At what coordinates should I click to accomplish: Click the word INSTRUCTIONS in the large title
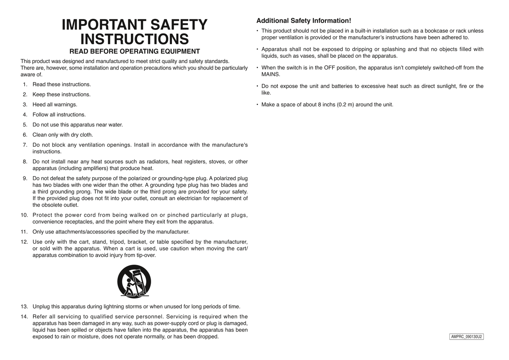[x=135, y=39]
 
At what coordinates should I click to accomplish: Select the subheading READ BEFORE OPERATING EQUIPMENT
[x=135, y=51]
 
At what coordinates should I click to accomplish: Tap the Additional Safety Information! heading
[x=304, y=21]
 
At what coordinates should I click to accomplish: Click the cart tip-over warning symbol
[x=134, y=281]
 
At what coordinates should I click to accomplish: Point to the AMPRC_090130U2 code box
[x=466, y=337]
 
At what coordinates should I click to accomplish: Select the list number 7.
[x=25, y=145]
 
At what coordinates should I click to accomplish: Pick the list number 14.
[x=24, y=317]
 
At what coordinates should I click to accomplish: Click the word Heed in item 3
[x=39, y=105]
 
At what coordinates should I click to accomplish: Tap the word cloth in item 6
[x=86, y=135]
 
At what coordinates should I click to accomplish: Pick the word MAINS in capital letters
[x=271, y=75]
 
